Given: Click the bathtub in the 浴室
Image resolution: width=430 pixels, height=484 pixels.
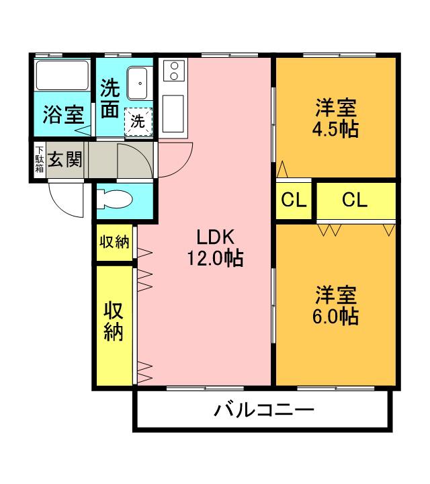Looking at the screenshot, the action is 62,75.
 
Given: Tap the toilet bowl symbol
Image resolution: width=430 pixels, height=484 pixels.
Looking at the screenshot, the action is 114,200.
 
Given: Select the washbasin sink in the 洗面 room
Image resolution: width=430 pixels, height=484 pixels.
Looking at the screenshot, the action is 138,83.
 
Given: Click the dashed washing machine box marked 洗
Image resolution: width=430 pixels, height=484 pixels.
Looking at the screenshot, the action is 138,121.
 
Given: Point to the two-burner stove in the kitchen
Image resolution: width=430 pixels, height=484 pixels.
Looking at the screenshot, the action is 174,71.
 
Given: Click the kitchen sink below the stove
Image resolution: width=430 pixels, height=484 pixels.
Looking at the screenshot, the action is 173,114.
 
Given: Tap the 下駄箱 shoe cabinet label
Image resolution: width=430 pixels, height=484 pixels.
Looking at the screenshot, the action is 40,159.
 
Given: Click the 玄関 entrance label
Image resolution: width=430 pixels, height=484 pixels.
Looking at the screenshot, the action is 65,159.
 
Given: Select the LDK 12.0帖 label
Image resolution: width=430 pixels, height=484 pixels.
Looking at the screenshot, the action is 215,248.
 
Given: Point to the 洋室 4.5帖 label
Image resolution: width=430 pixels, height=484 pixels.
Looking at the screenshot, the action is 336,118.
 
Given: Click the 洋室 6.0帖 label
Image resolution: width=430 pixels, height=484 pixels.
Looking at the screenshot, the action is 336,305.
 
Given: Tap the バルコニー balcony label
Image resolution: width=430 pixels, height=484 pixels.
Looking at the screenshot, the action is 264,410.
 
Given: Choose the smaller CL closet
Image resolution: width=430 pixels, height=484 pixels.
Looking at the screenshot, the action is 294,200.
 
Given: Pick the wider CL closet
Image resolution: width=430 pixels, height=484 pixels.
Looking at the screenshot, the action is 356,200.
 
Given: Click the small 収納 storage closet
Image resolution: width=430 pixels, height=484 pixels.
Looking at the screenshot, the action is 114,243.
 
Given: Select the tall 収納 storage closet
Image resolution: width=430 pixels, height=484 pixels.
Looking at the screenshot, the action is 114,325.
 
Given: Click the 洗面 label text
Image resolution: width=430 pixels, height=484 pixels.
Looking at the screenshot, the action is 110,98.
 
